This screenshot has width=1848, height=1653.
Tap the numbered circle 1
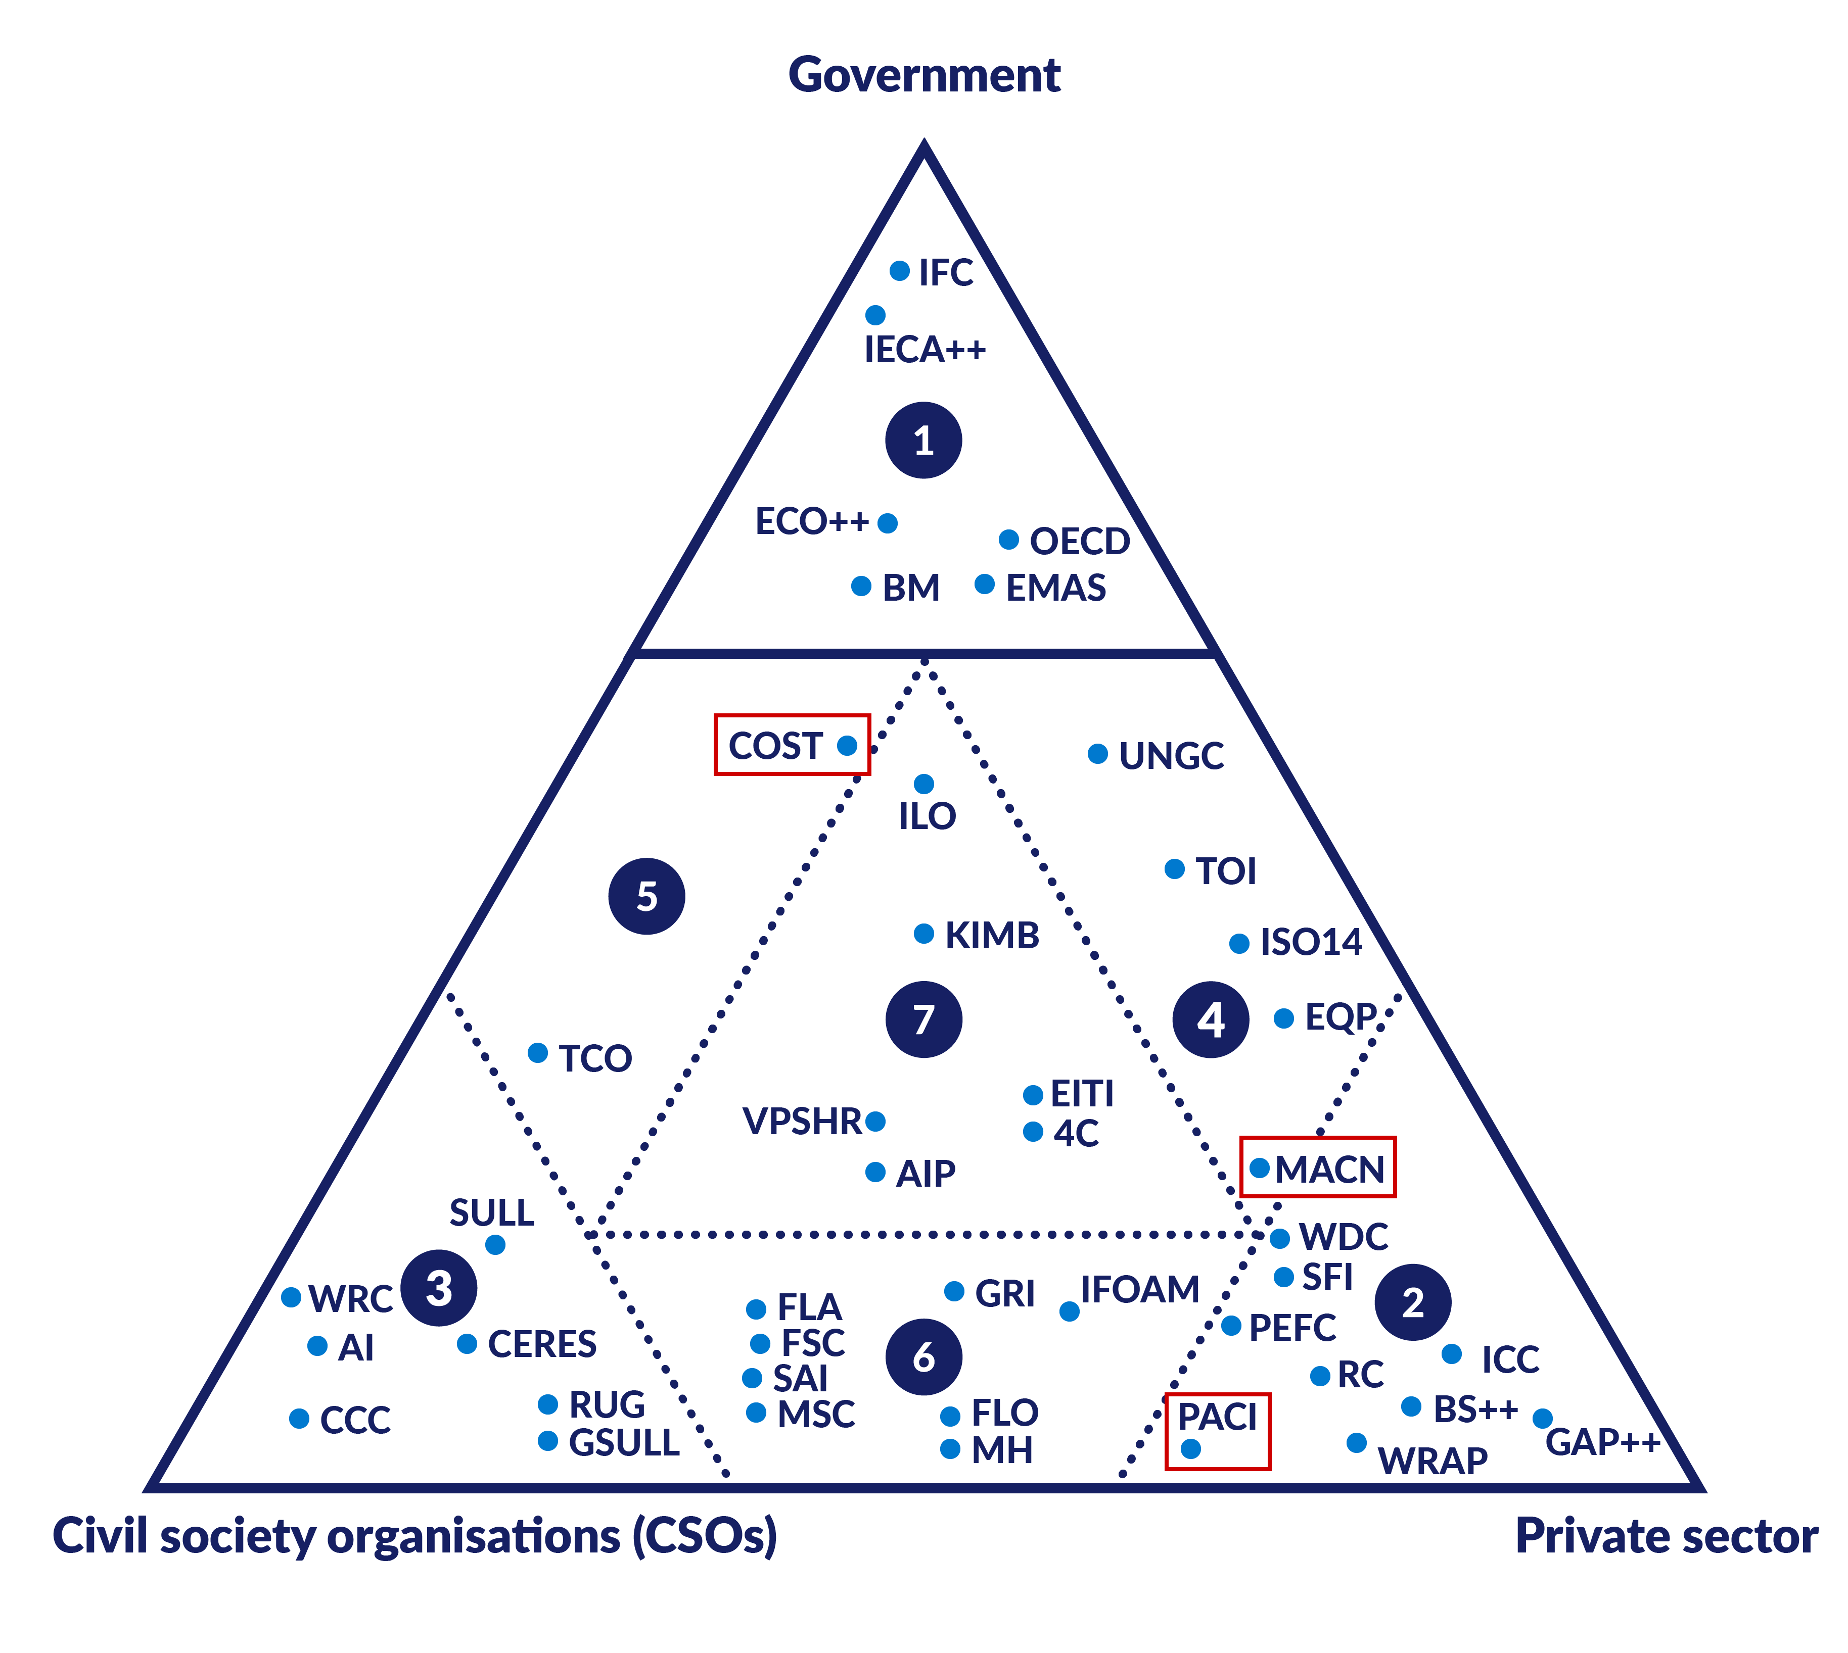(x=923, y=441)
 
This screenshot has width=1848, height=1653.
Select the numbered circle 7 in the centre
(x=923, y=1019)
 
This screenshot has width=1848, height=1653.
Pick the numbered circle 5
(x=646, y=896)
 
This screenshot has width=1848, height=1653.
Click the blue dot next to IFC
(x=899, y=271)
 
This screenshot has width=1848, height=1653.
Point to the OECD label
(x=1079, y=541)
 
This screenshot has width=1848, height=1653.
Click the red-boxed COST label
(x=775, y=746)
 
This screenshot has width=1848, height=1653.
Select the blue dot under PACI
(x=1190, y=1448)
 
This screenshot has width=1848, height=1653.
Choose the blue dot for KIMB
(x=923, y=934)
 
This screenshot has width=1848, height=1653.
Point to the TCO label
(x=595, y=1058)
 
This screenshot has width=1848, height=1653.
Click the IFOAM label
(x=1139, y=1290)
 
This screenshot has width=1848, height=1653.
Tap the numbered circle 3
(x=439, y=1288)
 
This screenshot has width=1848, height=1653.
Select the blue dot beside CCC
(x=299, y=1419)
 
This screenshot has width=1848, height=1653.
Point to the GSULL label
(x=623, y=1442)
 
